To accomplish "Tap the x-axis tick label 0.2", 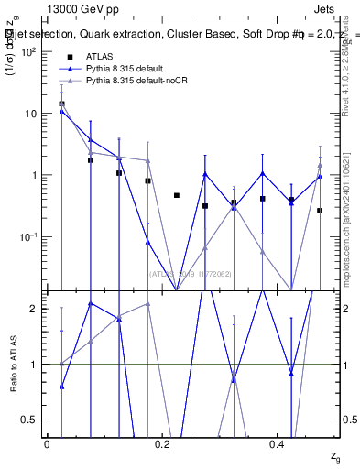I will coord(162,444).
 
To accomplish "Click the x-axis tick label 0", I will coord(47,444).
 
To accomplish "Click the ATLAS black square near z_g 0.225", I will coord(177,195).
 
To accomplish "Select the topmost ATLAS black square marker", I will coord(61,104).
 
